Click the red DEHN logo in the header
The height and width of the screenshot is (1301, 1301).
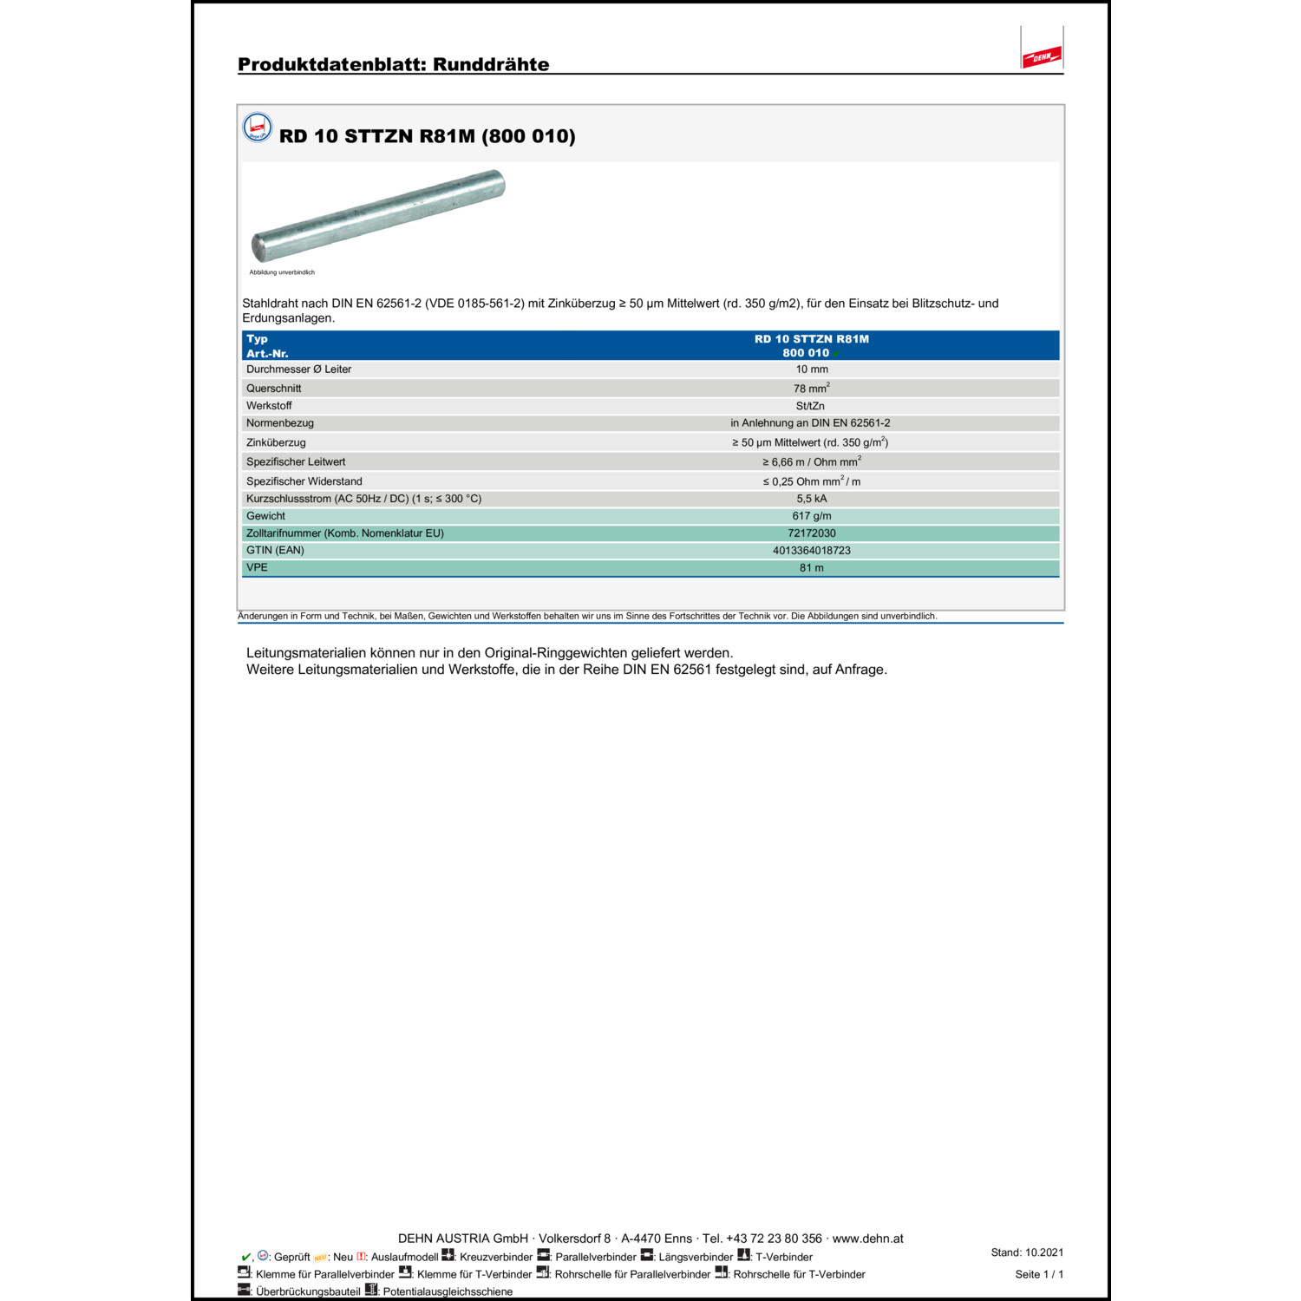point(1041,57)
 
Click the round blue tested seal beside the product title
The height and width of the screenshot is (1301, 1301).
point(258,127)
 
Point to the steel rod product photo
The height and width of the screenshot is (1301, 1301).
point(378,215)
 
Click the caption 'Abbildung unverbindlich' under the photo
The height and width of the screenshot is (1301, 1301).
point(282,272)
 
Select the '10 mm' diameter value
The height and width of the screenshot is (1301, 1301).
point(812,369)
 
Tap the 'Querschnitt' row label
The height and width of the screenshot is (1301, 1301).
point(273,389)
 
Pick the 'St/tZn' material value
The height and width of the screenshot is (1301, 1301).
point(810,406)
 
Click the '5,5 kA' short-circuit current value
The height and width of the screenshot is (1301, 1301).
point(812,499)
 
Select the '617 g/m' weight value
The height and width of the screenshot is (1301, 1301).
point(812,516)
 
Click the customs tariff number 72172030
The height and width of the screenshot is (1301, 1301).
point(812,533)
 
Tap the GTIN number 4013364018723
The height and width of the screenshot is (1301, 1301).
point(812,551)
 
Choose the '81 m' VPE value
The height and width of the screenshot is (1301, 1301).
point(812,568)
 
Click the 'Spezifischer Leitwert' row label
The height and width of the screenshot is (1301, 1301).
point(296,462)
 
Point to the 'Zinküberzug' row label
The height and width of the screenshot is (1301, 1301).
point(276,442)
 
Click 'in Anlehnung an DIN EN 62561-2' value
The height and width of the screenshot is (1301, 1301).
point(810,423)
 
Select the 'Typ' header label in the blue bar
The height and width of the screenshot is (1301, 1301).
point(257,339)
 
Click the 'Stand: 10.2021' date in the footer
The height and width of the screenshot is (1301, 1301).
point(1027,1252)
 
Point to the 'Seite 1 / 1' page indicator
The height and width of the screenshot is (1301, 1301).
point(1039,1274)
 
